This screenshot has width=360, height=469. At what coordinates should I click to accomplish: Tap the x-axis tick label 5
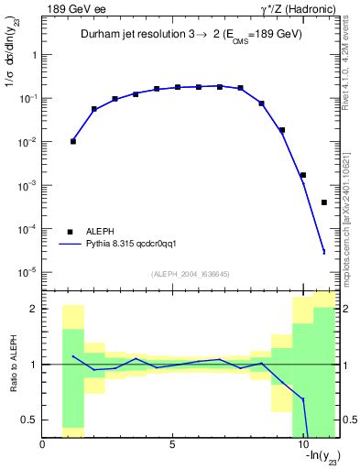pyautogui.click(x=172, y=444)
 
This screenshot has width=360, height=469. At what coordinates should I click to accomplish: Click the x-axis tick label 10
pyautogui.click(x=302, y=444)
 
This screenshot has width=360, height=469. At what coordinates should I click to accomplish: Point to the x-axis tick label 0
pyautogui.click(x=43, y=444)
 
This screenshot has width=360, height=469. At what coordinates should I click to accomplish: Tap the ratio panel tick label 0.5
pyautogui.click(x=30, y=420)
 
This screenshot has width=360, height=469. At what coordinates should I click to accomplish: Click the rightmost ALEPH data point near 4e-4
pyautogui.click(x=324, y=202)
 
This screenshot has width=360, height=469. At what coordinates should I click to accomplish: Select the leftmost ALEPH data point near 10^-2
pyautogui.click(x=73, y=141)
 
